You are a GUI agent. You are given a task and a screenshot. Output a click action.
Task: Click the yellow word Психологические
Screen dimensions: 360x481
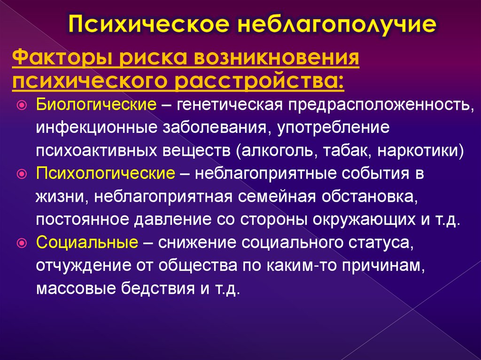pyautogui.click(x=106, y=174)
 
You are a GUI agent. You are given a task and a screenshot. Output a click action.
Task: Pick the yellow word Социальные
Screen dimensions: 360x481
pyautogui.click(x=87, y=243)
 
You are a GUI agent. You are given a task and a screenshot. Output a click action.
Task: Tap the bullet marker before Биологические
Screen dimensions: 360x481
pyautogui.click(x=22, y=105)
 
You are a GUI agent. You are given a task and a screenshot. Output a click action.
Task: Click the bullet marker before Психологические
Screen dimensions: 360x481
pyautogui.click(x=22, y=174)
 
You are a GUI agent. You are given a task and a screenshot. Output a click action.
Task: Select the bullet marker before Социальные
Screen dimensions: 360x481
pyautogui.click(x=22, y=243)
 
